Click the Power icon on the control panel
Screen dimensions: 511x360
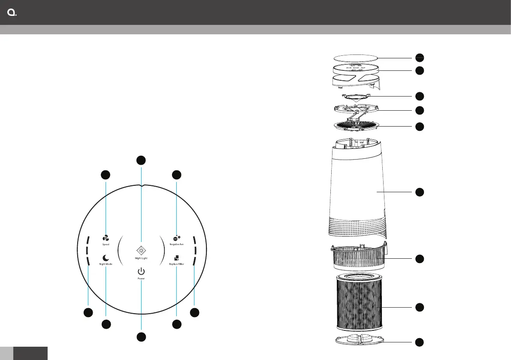(x=141, y=271)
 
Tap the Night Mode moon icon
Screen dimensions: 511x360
(x=106, y=258)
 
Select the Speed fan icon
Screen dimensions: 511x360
(x=106, y=238)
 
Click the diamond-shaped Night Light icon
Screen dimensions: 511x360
(x=141, y=251)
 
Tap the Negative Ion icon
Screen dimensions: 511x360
(x=177, y=238)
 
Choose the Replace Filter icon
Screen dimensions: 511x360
(x=176, y=258)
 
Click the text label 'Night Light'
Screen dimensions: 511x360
(x=141, y=258)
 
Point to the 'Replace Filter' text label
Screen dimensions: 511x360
(x=177, y=264)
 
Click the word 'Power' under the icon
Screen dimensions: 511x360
(x=141, y=278)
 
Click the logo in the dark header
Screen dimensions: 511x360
(x=12, y=12)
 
